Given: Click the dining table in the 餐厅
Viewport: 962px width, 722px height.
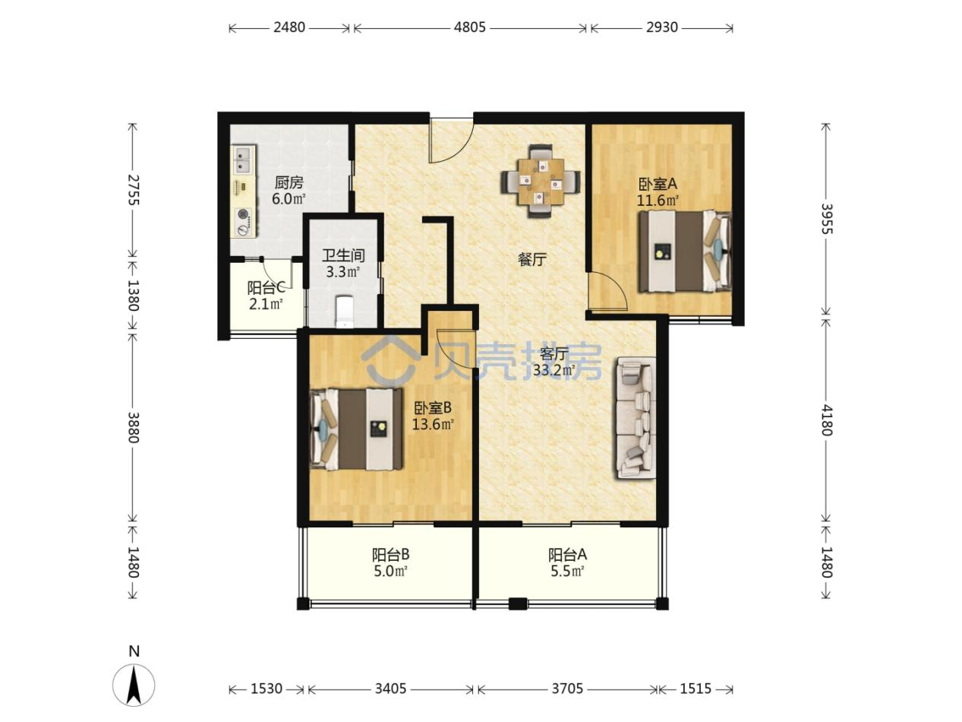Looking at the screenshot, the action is (541, 182).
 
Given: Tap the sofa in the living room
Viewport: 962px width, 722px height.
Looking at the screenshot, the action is (636, 417).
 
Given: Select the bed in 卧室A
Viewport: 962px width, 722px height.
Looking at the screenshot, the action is (684, 252).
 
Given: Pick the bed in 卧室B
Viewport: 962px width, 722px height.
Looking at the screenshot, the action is (356, 429).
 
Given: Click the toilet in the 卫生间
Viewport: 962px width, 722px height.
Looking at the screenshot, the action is (345, 312).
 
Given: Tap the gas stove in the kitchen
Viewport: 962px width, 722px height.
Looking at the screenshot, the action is (244, 222).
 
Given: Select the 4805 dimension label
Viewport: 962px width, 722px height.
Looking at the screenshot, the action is (469, 27).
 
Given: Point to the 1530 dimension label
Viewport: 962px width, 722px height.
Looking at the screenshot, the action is (267, 689).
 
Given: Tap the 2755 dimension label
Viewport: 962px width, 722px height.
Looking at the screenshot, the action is (133, 189).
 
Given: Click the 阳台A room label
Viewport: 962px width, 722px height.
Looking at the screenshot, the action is (567, 555).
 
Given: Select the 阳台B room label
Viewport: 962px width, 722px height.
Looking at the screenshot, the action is (390, 555).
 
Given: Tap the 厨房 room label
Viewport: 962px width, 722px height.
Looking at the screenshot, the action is (289, 182).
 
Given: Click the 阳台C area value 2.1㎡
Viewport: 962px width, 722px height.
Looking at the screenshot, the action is (266, 303).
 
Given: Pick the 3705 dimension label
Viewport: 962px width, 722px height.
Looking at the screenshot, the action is (567, 689).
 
